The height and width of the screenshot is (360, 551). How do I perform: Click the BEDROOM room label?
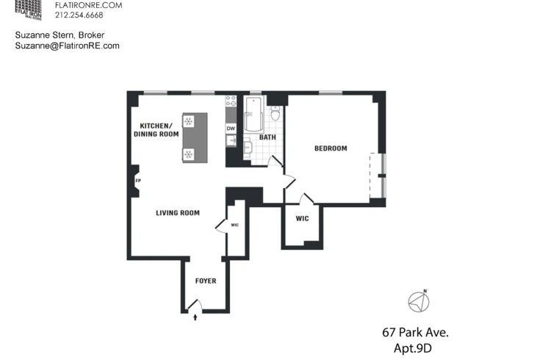click(331, 148)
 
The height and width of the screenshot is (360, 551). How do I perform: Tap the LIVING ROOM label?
click(178, 213)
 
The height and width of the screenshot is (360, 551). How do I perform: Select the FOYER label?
click(206, 281)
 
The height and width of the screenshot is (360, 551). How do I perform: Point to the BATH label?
click(267, 137)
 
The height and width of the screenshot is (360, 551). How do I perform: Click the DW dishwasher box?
click(231, 129)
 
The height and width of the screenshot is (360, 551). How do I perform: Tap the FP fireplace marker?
click(138, 181)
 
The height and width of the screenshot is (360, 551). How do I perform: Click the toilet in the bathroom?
click(275, 113)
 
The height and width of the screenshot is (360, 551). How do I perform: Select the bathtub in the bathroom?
click(253, 114)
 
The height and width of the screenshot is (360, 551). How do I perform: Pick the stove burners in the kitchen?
click(231, 101)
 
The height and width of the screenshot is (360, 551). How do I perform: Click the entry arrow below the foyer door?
click(195, 317)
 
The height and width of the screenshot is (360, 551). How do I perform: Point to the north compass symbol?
click(419, 302)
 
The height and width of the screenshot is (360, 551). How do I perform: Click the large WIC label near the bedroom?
click(302, 219)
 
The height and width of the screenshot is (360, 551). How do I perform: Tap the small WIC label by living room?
click(235, 225)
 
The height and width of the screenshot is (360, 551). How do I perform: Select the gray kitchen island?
click(195, 137)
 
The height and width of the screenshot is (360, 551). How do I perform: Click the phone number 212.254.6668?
click(79, 15)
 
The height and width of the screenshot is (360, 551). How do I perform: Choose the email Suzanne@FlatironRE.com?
click(67, 46)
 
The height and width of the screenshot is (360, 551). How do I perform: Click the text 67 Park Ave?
click(415, 332)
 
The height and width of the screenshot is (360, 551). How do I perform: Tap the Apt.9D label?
click(413, 348)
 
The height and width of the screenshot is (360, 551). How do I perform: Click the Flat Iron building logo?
click(28, 10)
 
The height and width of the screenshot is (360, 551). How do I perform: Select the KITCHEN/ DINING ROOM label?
click(156, 130)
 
